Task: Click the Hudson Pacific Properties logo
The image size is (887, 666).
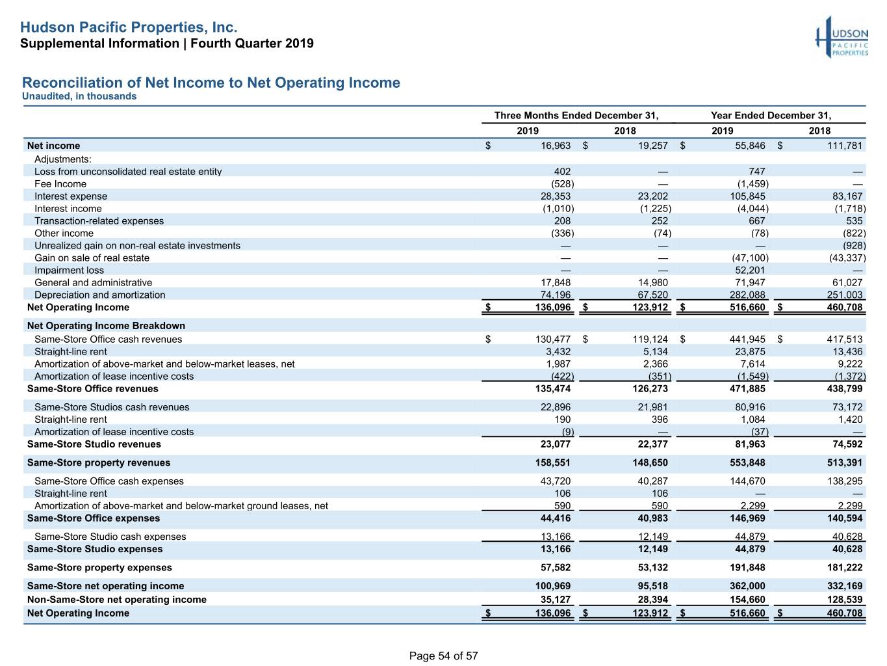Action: coord(842,37)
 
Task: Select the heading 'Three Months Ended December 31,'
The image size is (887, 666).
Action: coord(576,115)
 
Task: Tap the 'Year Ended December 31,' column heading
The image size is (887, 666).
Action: coord(771,115)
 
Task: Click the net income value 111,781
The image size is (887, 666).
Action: coord(845,146)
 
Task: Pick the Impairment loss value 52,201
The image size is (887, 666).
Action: coord(750,270)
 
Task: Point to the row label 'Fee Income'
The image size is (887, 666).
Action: coord(60,184)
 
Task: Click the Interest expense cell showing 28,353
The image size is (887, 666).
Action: coord(556,196)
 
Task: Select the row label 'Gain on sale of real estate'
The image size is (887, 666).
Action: coord(92,258)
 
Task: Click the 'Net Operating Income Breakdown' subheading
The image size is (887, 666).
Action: coord(106,325)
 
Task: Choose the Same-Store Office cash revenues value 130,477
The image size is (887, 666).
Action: coord(553,340)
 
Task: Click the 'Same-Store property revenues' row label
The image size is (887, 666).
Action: coord(99,462)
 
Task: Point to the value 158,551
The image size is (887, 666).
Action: coord(553,462)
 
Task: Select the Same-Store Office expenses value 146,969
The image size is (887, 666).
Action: coord(747,518)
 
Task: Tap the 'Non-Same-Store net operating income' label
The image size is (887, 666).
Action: coord(117,599)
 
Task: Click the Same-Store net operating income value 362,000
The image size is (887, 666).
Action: coord(747,586)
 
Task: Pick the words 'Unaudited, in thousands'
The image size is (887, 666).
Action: coord(79,96)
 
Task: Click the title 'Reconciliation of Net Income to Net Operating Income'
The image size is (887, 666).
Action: coord(211,83)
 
